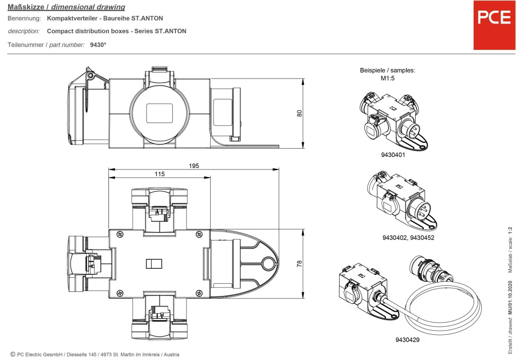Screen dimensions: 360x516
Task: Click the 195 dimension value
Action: coord(194,166)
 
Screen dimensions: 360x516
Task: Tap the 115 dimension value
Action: coord(160,174)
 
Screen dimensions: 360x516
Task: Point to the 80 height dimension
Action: coord(299,113)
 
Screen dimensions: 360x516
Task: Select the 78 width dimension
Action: coord(299,263)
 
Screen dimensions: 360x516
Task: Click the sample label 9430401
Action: coord(393,155)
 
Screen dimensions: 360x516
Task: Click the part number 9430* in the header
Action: coord(98,45)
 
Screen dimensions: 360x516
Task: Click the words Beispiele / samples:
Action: coord(387,71)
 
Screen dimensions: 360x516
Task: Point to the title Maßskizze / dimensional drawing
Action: coord(67,7)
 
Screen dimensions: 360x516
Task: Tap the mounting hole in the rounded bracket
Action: coord(269,263)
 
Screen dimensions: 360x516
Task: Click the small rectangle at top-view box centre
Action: coord(153,264)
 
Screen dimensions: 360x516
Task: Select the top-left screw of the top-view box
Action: coord(119,233)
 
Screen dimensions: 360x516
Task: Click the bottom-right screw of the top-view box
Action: coord(200,293)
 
